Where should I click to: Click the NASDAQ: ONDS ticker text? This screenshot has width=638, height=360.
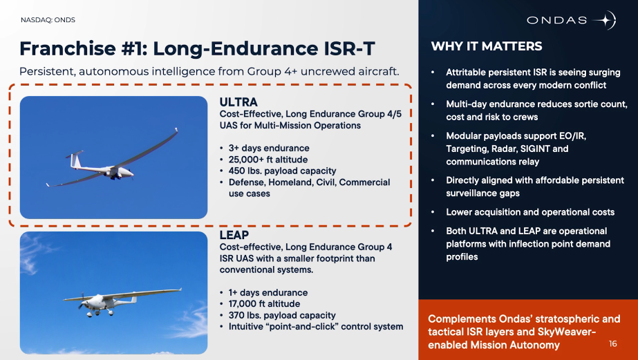point(48,20)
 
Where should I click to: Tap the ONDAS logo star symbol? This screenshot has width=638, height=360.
point(605,20)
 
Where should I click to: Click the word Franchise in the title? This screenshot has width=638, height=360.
point(68,48)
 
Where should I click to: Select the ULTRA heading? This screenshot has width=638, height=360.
point(238,102)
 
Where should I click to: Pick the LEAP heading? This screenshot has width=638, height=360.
point(234,235)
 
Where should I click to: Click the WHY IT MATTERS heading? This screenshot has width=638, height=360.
point(487,46)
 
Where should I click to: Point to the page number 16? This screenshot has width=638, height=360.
point(613,343)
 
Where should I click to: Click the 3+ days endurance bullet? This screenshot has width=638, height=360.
point(269,148)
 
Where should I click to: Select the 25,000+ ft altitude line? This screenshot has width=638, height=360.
point(268,160)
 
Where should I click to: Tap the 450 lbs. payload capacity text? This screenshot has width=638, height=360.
point(282,171)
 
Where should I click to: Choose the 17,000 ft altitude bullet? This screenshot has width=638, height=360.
point(264,304)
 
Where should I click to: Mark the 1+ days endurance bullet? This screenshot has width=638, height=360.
point(268,292)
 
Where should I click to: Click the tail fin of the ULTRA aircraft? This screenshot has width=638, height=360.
point(75,159)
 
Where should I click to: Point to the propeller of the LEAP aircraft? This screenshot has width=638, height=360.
point(82,301)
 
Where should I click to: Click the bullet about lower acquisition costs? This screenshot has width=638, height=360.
point(529,212)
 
